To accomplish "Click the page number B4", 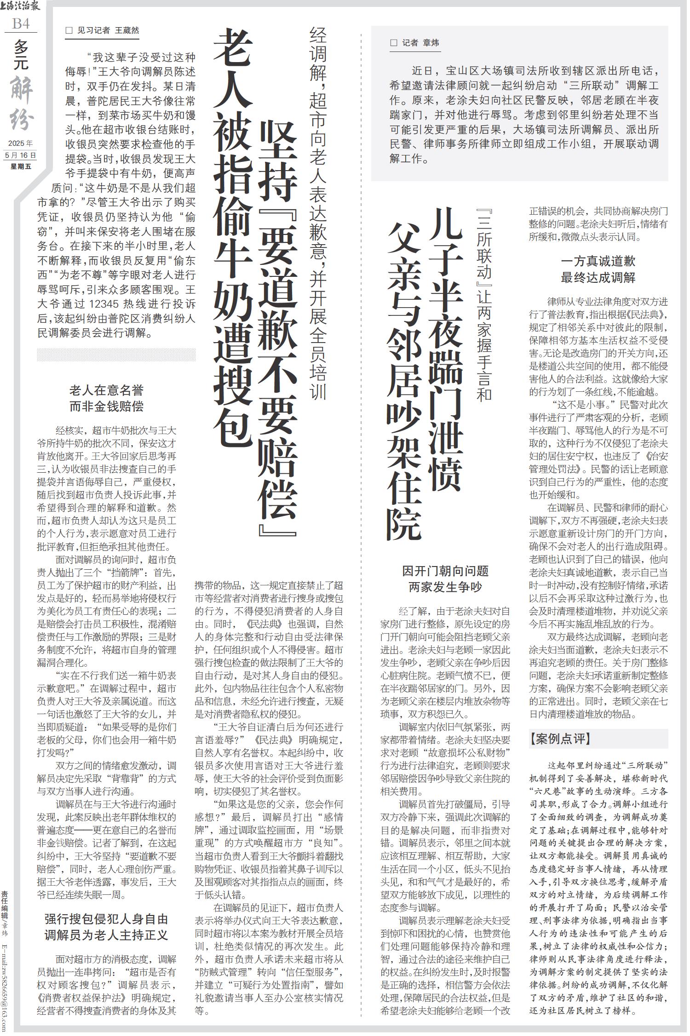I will (21, 24).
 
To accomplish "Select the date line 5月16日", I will (21, 155).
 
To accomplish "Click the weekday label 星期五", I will (21, 166).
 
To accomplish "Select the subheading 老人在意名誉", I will (106, 390).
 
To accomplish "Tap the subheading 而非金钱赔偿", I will (106, 406).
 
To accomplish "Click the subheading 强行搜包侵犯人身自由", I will (106, 919).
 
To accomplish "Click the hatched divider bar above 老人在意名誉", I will (116, 354).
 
